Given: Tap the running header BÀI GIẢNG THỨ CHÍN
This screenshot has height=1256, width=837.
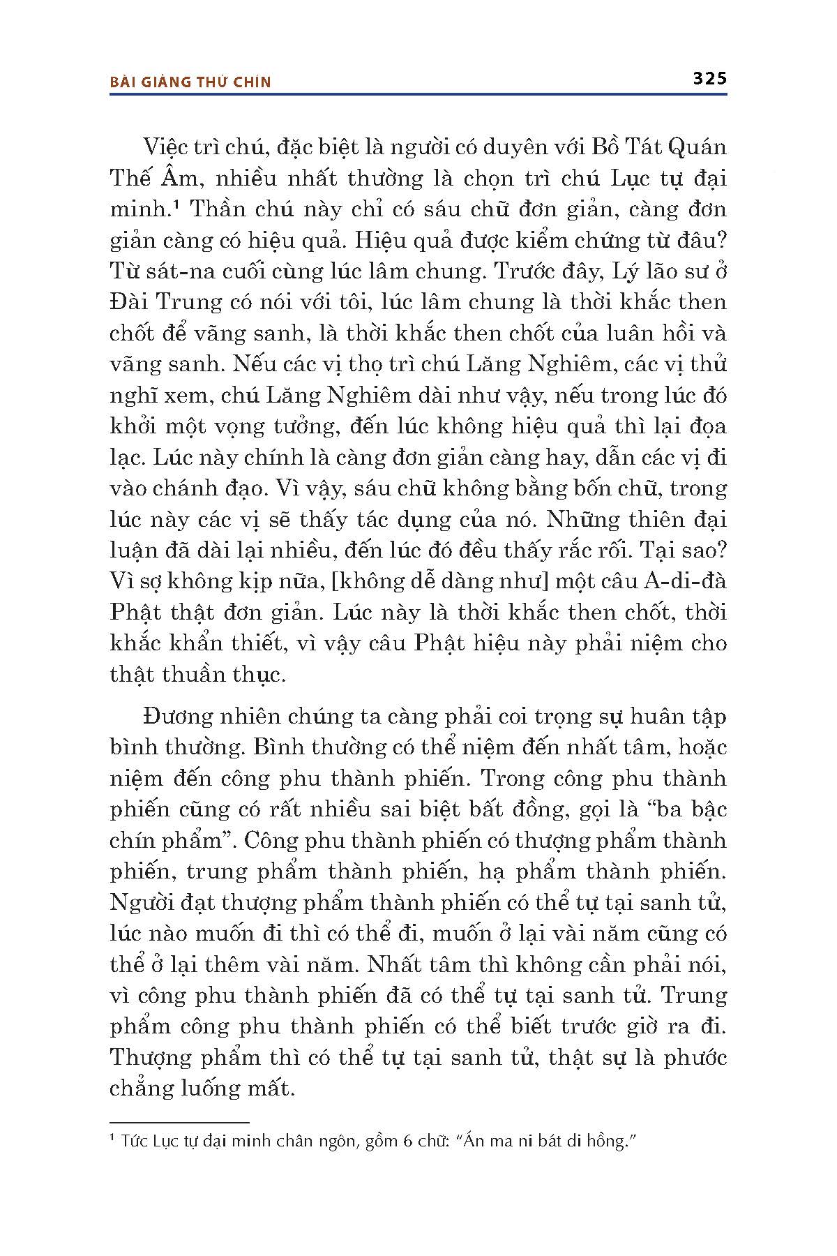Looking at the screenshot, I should (x=190, y=82).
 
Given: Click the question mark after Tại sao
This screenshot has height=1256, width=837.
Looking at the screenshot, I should (x=721, y=551).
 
